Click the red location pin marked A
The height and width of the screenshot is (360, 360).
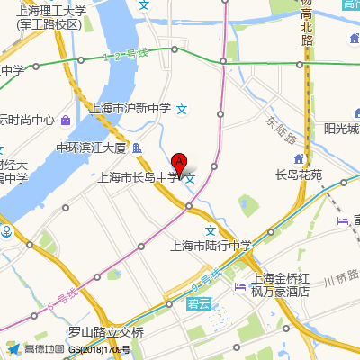[x=179, y=165]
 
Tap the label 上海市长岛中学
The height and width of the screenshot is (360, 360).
[x=138, y=178]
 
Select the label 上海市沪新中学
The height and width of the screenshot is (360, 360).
[x=131, y=109]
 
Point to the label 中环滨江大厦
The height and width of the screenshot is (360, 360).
[x=90, y=148]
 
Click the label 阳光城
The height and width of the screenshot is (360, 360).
[x=341, y=128]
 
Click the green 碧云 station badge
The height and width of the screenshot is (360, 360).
[x=200, y=306]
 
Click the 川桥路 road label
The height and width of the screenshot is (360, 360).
[x=341, y=280]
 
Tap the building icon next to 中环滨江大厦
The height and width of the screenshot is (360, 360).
[x=136, y=148]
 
